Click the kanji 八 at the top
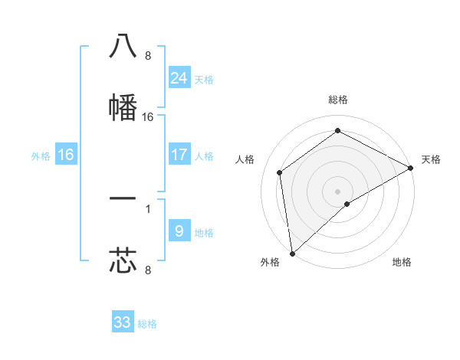(x=123, y=47)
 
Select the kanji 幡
(x=123, y=107)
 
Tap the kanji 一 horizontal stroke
(x=123, y=199)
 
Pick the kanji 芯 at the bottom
(x=123, y=260)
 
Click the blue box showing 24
(x=179, y=77)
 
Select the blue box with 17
(x=179, y=155)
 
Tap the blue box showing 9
(x=179, y=231)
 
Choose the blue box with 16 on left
(x=66, y=155)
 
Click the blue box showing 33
(x=123, y=322)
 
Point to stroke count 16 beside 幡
(x=148, y=117)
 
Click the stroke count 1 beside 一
(x=147, y=208)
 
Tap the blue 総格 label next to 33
(x=148, y=324)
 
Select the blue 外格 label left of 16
(x=41, y=156)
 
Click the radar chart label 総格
(x=338, y=100)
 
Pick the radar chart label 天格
(x=432, y=159)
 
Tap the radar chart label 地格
(x=402, y=262)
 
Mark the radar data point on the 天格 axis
(x=410, y=168)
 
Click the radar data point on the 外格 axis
(x=292, y=254)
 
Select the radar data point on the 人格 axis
(x=280, y=172)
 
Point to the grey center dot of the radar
(x=338, y=191)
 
